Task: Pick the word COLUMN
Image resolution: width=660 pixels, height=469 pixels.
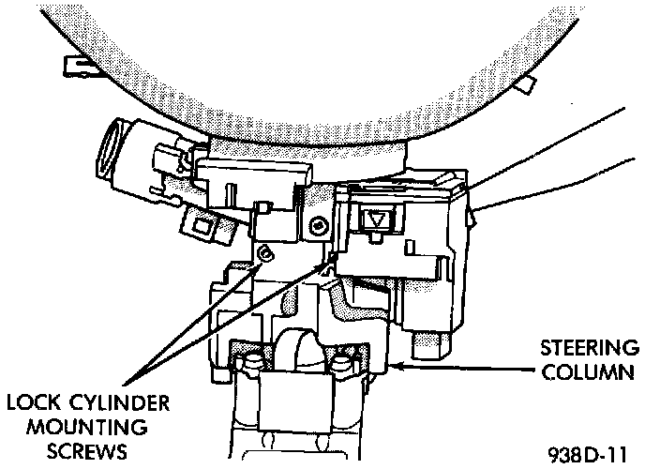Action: coord(591,371)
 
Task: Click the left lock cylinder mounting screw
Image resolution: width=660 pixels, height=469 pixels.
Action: coord(265,252)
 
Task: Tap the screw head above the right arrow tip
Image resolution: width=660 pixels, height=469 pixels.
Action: coord(321,226)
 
